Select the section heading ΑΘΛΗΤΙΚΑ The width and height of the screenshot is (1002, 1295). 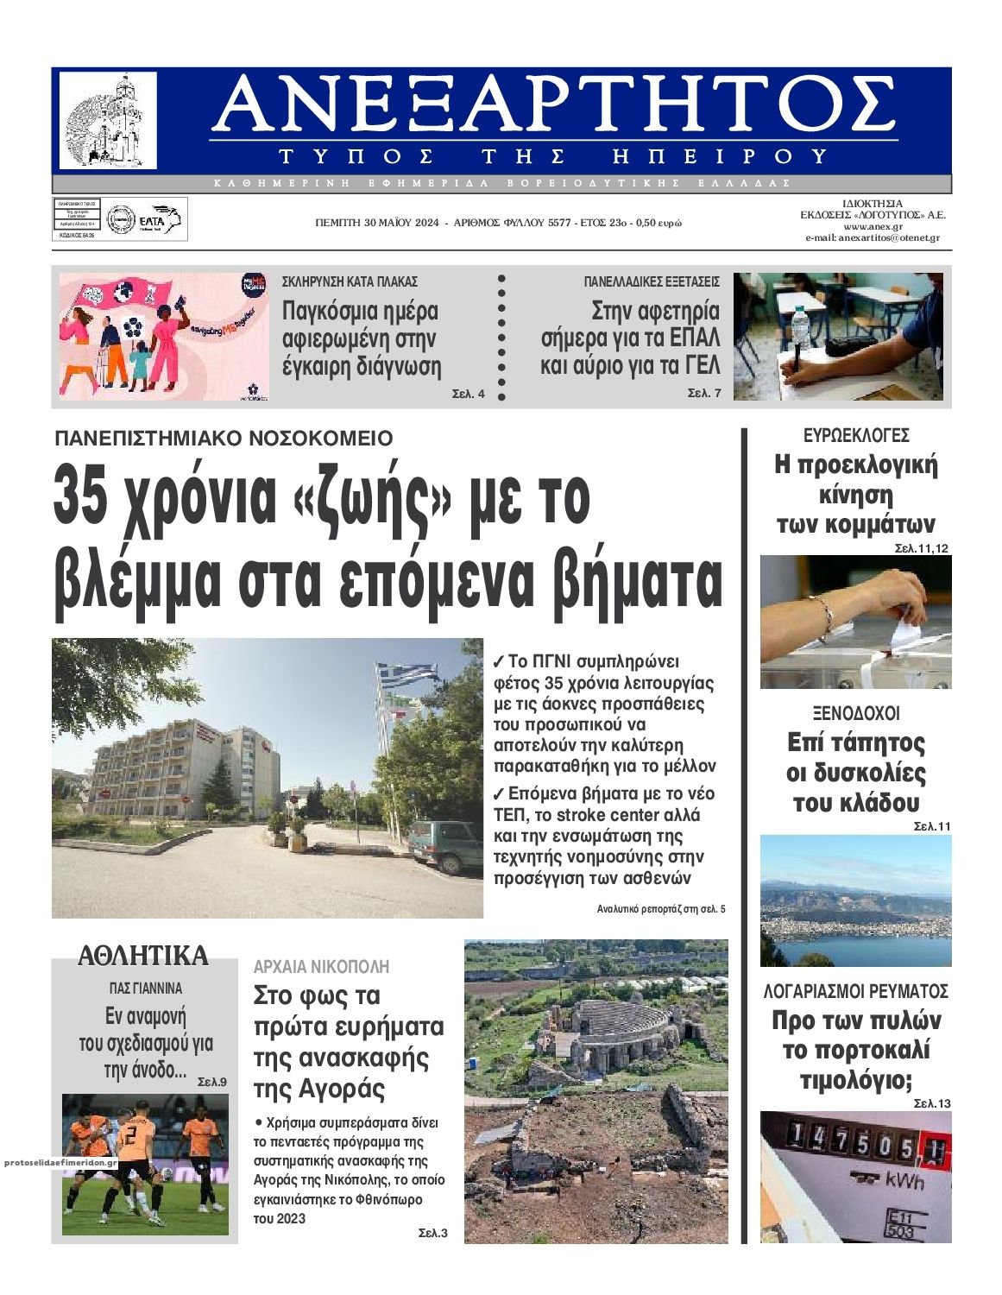[x=143, y=956]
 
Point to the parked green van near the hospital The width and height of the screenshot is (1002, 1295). [x=444, y=845]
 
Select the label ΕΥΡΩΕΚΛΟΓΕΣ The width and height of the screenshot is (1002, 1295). [x=855, y=436]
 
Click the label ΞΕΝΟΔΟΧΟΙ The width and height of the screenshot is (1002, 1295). [x=855, y=714]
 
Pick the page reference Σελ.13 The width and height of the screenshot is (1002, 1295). [x=932, y=1103]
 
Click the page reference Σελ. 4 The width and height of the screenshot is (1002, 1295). [x=469, y=395]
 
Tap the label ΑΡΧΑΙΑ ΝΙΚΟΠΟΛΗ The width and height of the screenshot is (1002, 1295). [x=321, y=966]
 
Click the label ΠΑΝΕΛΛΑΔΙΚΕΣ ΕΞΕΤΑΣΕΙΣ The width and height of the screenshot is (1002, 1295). [x=651, y=281]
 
